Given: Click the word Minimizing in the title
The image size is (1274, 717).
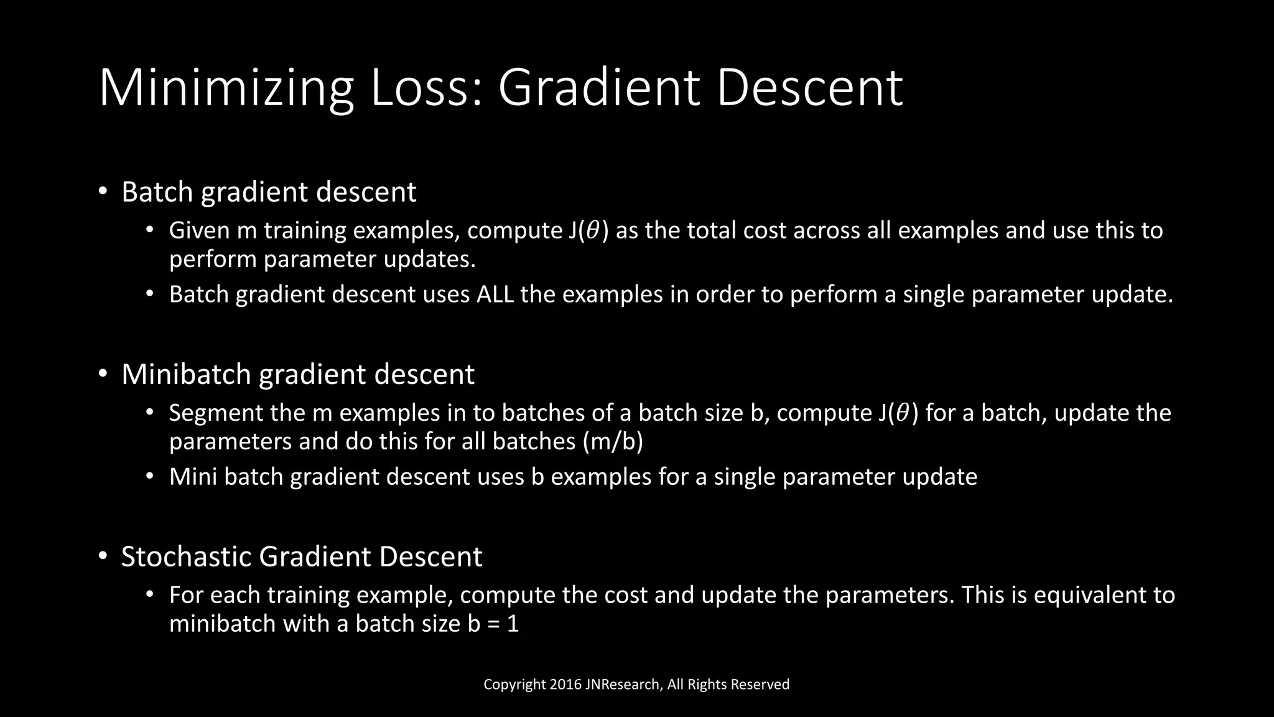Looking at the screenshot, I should (226, 88).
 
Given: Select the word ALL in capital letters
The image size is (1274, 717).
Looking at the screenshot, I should (495, 294).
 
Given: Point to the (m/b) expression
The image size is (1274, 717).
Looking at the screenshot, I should (613, 441).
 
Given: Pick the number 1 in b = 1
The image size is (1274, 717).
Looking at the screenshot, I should (513, 624).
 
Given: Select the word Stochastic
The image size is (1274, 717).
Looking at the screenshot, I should (186, 556).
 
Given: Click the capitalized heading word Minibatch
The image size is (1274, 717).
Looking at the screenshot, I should (186, 374).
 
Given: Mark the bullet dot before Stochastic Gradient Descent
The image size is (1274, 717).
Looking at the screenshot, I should (103, 556).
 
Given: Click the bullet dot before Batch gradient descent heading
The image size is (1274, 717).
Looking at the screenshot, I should (103, 191).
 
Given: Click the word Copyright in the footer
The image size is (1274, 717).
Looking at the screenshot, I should (514, 685).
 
